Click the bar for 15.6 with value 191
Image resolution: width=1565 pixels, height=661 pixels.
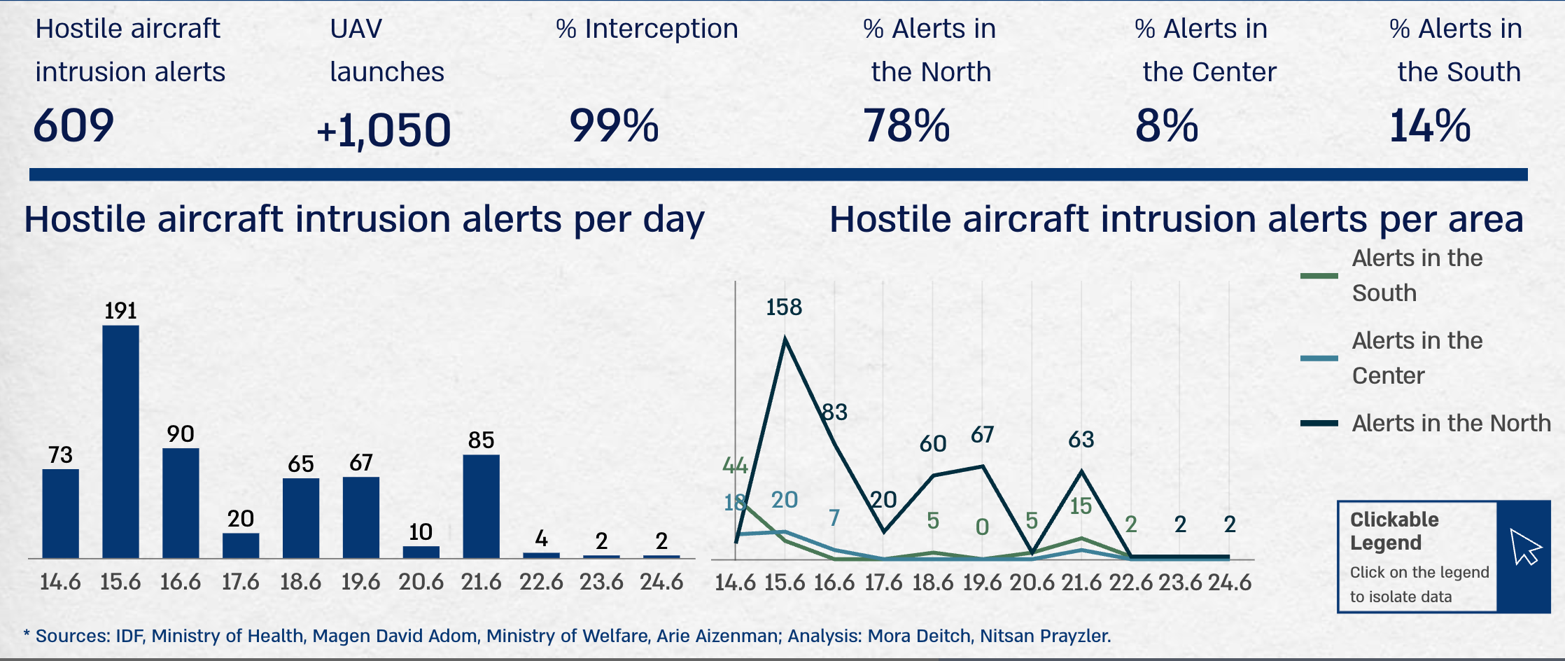pos(120,441)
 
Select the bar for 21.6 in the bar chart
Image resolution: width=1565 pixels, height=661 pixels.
pos(481,506)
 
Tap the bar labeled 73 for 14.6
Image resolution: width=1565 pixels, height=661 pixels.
pos(60,513)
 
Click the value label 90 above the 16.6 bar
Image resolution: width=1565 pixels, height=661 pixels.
pos(181,434)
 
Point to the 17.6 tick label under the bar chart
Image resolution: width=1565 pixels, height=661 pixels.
pos(240,582)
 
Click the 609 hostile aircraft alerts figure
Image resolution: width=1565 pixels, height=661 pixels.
pos(73,126)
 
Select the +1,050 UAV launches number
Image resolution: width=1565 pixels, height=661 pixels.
pos(384,130)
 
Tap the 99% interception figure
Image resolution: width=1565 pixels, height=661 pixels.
pos(614,126)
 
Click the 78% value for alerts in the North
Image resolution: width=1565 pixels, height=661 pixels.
pos(906,126)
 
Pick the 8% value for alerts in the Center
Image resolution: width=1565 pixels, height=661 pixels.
pos(1167,126)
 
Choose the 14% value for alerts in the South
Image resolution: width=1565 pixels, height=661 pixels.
pos(1430,126)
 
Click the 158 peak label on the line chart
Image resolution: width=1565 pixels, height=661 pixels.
pos(784,307)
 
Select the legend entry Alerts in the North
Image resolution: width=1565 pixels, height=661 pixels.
pos(1451,424)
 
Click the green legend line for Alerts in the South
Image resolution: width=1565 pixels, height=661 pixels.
pos(1319,276)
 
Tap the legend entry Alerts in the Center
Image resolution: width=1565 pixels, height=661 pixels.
pos(1417,358)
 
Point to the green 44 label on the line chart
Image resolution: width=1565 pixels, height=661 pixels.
pos(735,466)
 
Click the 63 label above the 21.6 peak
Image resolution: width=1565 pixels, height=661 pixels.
pos(1081,440)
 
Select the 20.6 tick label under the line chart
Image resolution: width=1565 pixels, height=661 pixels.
pos(1032,583)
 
